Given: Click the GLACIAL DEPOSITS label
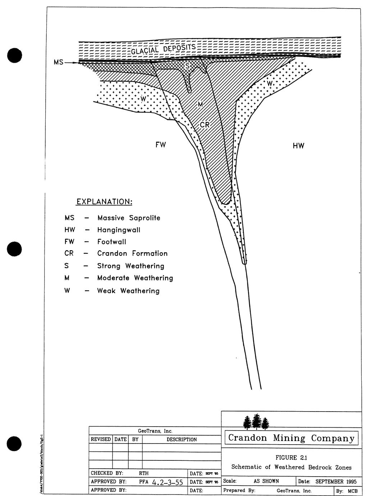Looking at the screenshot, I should pyautogui.click(x=163, y=49).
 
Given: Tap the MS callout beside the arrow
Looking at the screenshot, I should pyautogui.click(x=58, y=62).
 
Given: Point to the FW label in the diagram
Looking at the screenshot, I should pyautogui.click(x=160, y=145).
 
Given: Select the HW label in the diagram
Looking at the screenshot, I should pyautogui.click(x=298, y=146).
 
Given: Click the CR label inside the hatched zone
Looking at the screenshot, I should pyautogui.click(x=205, y=125).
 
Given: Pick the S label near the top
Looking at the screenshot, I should pyautogui.click(x=187, y=66).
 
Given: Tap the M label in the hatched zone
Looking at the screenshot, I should pyautogui.click(x=200, y=104).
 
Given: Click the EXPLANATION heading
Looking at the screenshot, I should pyautogui.click(x=104, y=201).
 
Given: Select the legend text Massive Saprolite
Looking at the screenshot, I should pyautogui.click(x=129, y=218).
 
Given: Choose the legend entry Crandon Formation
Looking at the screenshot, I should pyautogui.click(x=132, y=253).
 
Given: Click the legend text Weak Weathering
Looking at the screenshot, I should pyautogui.click(x=128, y=290).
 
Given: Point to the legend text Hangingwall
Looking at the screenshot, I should pyautogui.click(x=119, y=230).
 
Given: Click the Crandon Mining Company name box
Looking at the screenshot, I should pyautogui.click(x=291, y=438).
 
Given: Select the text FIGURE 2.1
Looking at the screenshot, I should pyautogui.click(x=291, y=458).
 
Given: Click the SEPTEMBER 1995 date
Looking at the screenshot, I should pyautogui.click(x=336, y=481).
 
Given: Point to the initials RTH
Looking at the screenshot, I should pyautogui.click(x=143, y=473).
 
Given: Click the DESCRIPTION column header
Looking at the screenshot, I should pyautogui.click(x=182, y=439).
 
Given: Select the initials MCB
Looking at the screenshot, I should pyautogui.click(x=352, y=491).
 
